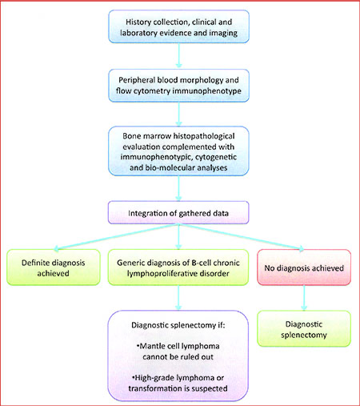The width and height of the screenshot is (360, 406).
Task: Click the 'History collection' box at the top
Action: pos(178,26)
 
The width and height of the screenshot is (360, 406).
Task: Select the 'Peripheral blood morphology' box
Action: pos(178,86)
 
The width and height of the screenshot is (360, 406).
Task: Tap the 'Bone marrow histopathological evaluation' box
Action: pos(178,151)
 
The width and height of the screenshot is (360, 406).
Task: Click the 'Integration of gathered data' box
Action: pos(178,213)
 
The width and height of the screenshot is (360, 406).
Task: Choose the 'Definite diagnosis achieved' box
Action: pos(54,267)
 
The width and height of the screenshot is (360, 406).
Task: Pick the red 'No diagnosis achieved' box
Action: pos(304,267)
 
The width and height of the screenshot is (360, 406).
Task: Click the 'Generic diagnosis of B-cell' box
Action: pos(178,267)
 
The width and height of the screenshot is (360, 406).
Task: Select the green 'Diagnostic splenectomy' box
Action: pos(304,328)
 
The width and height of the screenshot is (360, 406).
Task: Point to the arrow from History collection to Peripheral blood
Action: pos(179,55)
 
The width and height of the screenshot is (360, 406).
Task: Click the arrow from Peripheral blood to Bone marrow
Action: pos(179,114)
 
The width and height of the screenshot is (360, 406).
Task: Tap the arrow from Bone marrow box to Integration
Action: pos(179,188)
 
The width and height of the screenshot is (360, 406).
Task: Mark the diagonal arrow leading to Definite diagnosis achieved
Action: pos(116,237)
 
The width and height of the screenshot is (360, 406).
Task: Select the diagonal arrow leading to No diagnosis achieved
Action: pos(242,237)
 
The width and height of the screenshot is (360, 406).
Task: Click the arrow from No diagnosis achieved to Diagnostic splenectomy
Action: pos(304,298)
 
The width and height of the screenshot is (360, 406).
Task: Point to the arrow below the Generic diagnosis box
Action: pos(178,298)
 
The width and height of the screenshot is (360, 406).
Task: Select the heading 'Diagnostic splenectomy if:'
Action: pos(178,325)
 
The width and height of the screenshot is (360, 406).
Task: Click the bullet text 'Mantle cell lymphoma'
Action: pos(178,346)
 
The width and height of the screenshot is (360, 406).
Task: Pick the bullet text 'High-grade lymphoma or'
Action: pos(178,378)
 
